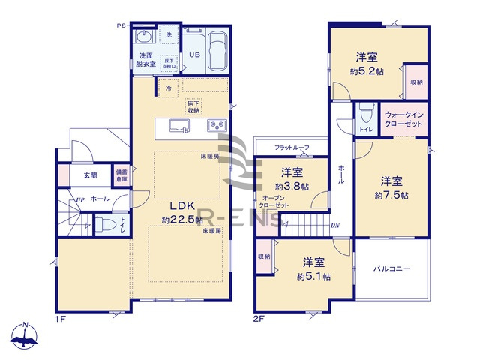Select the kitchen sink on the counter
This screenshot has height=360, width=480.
point(178,125)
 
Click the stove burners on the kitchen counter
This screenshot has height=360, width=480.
point(214,125)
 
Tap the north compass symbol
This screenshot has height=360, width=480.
point(25,337)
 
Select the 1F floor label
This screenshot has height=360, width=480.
point(62,319)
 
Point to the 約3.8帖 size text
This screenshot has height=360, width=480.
point(289,187)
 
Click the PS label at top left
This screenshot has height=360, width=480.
point(121,25)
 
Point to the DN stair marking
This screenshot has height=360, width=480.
point(335,224)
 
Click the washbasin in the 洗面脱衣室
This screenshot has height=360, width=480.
point(145,37)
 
